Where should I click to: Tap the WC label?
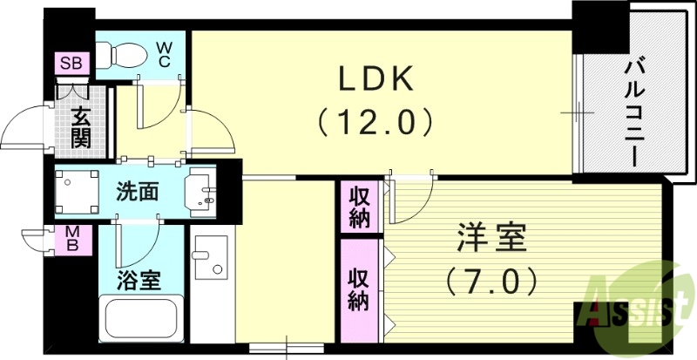[x=164, y=55]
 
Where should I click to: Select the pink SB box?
[x=69, y=63]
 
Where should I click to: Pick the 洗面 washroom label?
[x=138, y=191]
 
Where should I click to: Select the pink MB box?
[x=74, y=239]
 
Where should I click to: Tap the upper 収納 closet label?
[x=359, y=206]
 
